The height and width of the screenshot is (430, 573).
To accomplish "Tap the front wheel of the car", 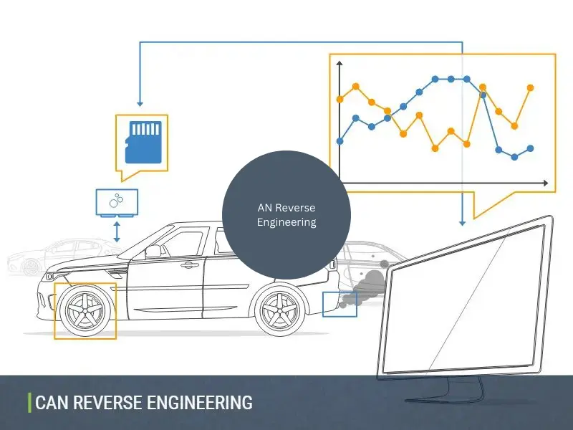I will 85,310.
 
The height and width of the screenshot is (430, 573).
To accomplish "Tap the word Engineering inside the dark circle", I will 286,222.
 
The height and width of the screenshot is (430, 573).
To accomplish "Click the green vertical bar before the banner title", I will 29,403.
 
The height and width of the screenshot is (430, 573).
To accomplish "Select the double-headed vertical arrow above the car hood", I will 117,231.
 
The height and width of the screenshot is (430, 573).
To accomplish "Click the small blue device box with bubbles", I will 117,202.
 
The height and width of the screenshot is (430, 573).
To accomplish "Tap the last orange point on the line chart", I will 531,87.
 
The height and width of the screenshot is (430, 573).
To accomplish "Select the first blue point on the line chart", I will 340,140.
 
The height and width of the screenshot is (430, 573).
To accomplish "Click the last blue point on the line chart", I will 531,148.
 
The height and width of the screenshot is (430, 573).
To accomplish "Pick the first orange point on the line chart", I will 340,99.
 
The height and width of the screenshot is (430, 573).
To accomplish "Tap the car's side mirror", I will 152,251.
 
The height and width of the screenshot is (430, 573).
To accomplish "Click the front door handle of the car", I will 190,265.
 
